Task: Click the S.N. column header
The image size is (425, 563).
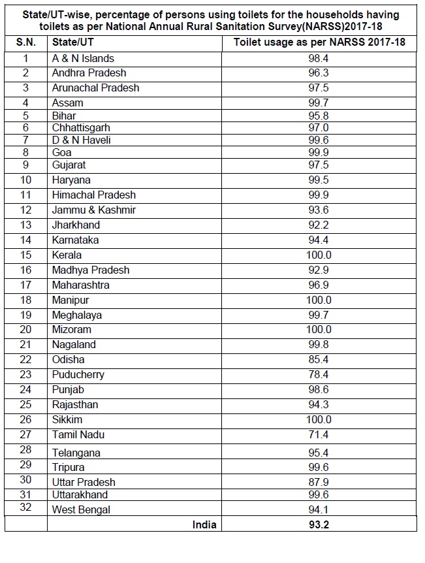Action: pyautogui.click(x=26, y=42)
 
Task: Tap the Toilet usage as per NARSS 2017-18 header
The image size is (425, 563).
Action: pyautogui.click(x=319, y=42)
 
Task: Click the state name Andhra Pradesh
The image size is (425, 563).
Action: pyautogui.click(x=89, y=72)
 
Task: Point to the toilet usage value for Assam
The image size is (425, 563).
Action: pyautogui.click(x=319, y=103)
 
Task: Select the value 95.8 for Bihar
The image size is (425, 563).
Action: pyautogui.click(x=319, y=116)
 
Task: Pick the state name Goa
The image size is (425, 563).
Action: pyautogui.click(x=62, y=152)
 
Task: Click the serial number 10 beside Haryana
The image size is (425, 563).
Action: pyautogui.click(x=26, y=180)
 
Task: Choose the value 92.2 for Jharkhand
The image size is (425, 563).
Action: pyautogui.click(x=319, y=225)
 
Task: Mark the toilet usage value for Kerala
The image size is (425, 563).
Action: pyautogui.click(x=319, y=255)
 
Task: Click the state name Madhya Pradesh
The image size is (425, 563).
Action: pyautogui.click(x=91, y=270)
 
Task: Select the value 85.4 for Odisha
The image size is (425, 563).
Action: pyautogui.click(x=319, y=359)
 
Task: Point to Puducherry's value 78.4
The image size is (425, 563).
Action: pyautogui.click(x=319, y=374)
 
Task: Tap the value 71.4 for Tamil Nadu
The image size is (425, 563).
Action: pyautogui.click(x=319, y=434)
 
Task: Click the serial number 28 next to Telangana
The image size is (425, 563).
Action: pyautogui.click(x=26, y=450)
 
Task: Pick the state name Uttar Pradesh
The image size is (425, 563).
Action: pyautogui.click(x=84, y=482)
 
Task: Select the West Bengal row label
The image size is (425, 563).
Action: pyautogui.click(x=81, y=509)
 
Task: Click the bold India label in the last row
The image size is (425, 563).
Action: pyautogui.click(x=204, y=524)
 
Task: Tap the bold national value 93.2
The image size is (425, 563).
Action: pyautogui.click(x=319, y=524)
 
